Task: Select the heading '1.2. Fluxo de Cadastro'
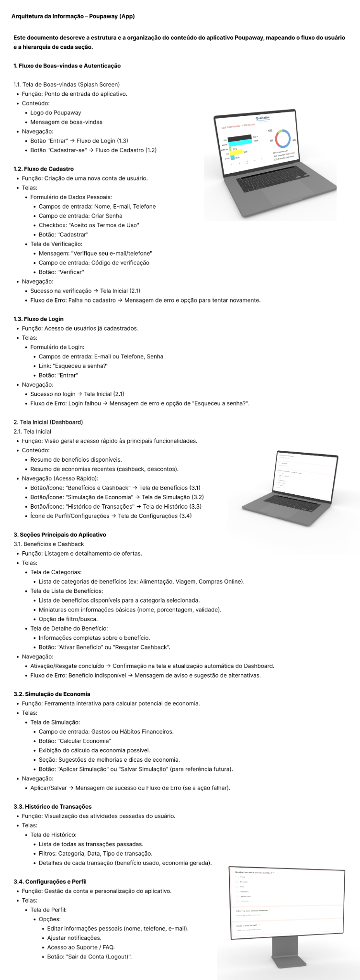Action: tap(44, 169)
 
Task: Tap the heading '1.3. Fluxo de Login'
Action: tap(38, 319)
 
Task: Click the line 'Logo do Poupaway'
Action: tap(56, 112)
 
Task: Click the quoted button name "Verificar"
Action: tap(70, 272)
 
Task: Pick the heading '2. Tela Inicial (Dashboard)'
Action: tap(48, 422)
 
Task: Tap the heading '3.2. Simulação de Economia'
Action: tap(52, 694)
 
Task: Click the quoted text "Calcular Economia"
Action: tap(94, 741)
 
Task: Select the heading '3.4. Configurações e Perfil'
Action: tap(50, 881)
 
